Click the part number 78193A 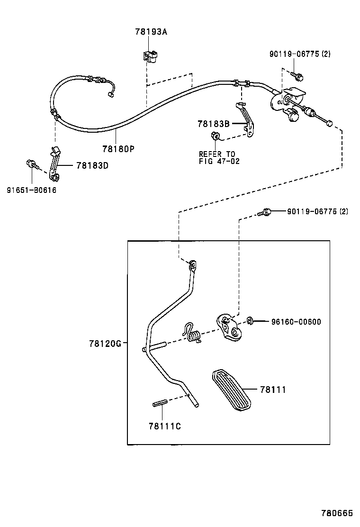tap(151, 32)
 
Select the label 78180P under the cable tap(118, 148)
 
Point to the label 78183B tap(214, 124)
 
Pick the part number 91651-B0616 tap(31, 190)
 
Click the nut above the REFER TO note tap(215, 137)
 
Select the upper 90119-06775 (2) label tap(300, 54)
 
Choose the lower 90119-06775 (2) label tap(317, 211)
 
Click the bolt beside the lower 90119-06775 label tap(266, 212)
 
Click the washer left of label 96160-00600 tap(251, 321)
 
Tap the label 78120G tap(105, 343)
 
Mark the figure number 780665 tap(337, 513)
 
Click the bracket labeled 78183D tap(54, 164)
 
